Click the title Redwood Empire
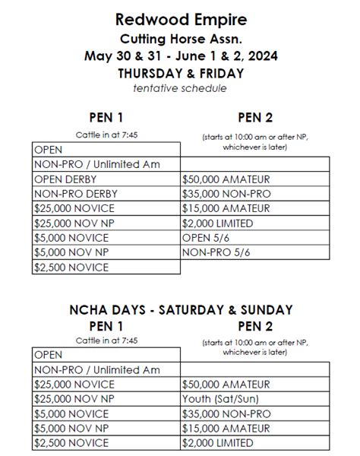click(180, 18)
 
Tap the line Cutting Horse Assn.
click(180, 38)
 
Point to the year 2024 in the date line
click(259, 56)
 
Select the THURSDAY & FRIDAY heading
click(180, 74)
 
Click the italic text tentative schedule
click(180, 89)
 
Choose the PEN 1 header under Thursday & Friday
click(107, 117)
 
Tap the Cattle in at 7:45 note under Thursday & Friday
click(107, 135)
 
